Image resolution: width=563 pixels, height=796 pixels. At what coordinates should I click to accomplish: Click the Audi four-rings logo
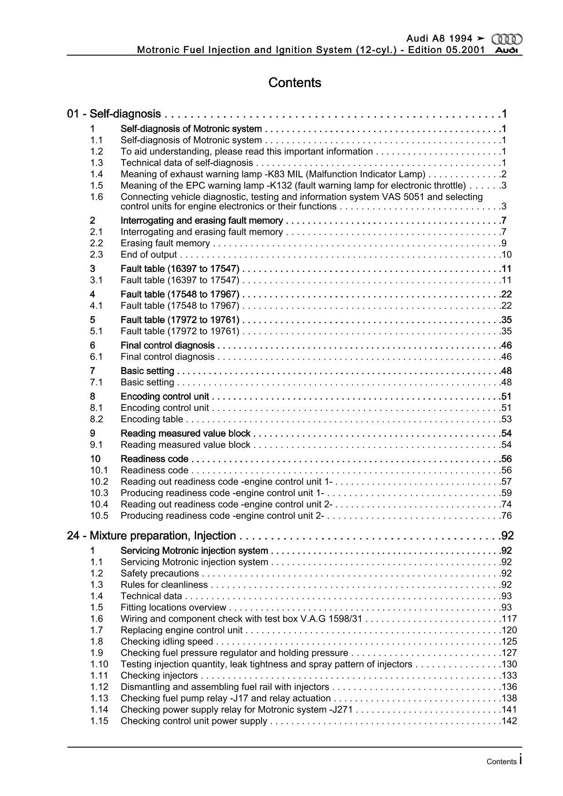[x=507, y=40]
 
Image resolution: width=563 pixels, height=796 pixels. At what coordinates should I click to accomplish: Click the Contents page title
[x=295, y=83]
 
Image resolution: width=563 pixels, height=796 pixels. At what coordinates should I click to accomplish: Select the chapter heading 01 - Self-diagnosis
[x=114, y=114]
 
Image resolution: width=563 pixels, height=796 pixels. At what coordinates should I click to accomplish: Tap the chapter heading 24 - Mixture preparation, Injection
[x=152, y=536]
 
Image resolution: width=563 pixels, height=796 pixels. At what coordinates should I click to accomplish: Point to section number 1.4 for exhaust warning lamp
[x=97, y=174]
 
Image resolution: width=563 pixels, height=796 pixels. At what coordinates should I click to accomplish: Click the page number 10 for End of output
[x=506, y=255]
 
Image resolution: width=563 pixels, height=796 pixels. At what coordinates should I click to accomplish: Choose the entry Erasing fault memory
[x=165, y=243]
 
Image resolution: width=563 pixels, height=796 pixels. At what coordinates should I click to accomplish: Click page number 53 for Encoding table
[x=506, y=419]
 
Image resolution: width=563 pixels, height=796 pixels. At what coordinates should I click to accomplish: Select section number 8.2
[x=97, y=419]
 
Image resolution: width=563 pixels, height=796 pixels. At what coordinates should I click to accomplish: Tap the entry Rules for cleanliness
[x=164, y=585]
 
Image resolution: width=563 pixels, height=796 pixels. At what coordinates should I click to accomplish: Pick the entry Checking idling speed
[x=167, y=642]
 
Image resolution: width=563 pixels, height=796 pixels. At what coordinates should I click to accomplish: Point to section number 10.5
[x=99, y=516]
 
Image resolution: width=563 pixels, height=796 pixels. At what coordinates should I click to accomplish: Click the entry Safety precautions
[x=160, y=574]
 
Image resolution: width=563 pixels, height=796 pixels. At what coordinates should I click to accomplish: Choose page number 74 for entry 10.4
[x=506, y=504]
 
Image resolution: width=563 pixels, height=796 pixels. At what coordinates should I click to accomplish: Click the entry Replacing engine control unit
[x=182, y=630]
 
